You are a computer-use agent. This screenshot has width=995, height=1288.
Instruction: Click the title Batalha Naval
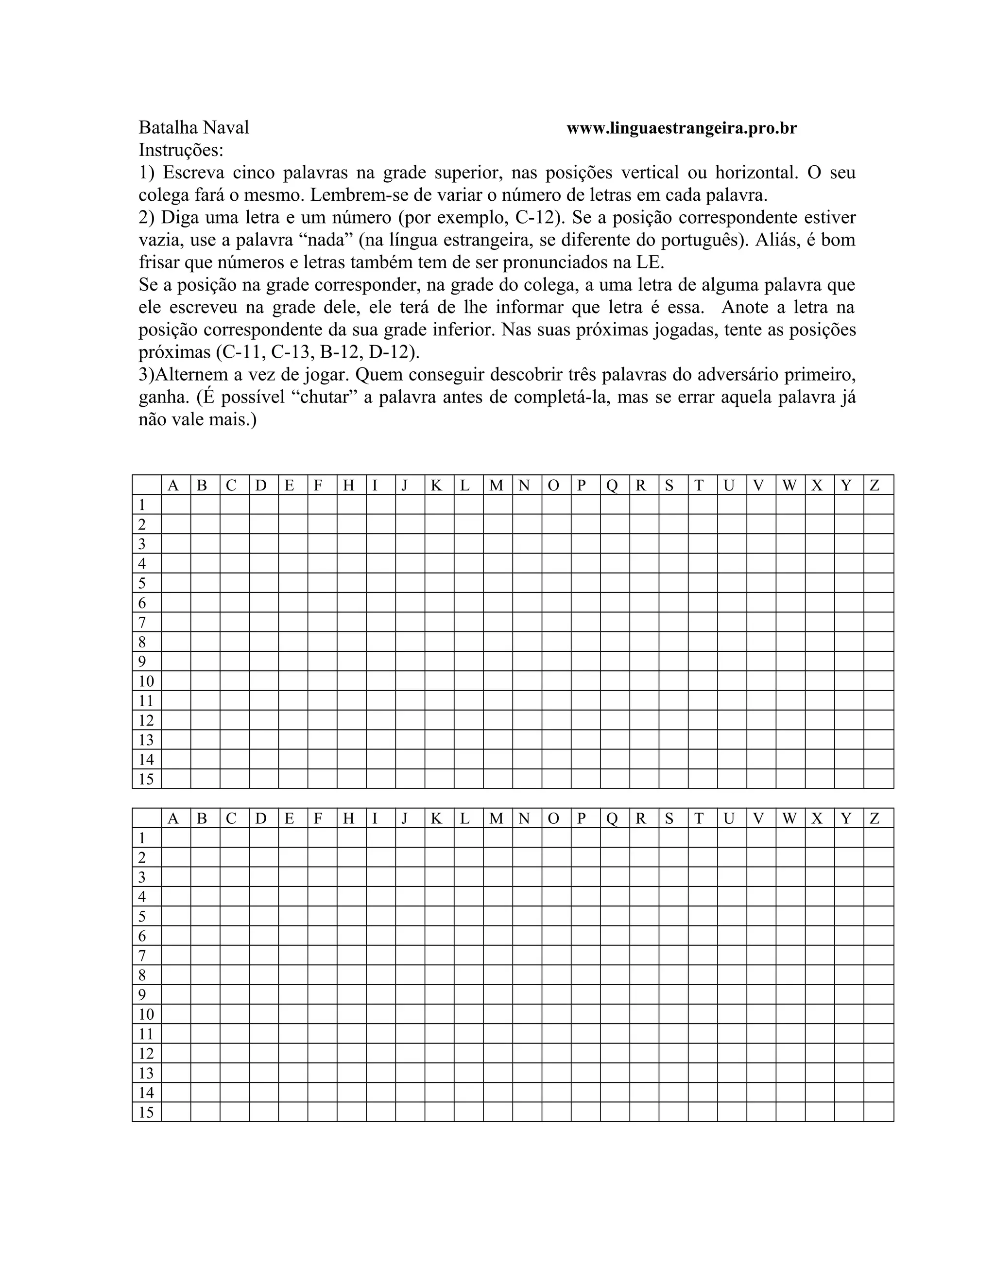(193, 127)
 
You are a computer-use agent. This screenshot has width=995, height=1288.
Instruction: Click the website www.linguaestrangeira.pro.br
(682, 129)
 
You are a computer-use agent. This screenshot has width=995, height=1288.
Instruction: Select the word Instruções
(181, 150)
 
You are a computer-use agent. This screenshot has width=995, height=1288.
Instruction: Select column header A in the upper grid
(173, 486)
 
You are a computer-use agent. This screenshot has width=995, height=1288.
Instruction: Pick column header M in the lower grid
(497, 818)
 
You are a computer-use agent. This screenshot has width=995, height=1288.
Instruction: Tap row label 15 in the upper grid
(146, 779)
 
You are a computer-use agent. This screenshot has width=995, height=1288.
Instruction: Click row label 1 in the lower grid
(141, 838)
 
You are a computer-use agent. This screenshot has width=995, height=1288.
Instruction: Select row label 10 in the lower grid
(146, 1014)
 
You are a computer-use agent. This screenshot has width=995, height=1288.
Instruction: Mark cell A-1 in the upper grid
(176, 504)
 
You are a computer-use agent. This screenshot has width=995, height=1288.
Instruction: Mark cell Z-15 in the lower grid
(878, 1112)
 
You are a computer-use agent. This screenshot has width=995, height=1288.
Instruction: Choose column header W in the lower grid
(789, 818)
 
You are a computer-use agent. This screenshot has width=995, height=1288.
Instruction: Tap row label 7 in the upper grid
(141, 622)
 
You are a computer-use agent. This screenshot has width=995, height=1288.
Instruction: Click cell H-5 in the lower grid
(351, 916)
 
